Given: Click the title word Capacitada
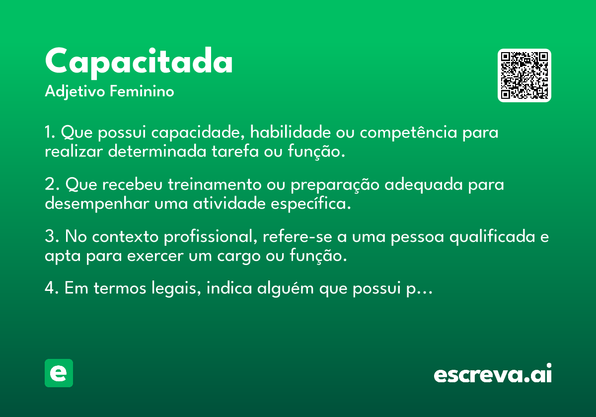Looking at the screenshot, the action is [x=139, y=63].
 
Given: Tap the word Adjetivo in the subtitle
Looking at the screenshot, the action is [x=75, y=92].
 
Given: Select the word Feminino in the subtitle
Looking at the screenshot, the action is [x=142, y=91].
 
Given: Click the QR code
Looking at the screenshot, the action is [x=524, y=75].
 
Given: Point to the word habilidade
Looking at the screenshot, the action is [x=290, y=132].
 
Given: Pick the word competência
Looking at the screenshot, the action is [x=408, y=132].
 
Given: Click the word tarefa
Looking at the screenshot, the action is [x=235, y=151].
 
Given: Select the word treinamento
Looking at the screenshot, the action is [x=215, y=184].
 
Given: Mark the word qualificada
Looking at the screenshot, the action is [x=492, y=237].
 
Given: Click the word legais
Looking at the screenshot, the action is [x=174, y=288].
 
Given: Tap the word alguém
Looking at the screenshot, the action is [x=285, y=288].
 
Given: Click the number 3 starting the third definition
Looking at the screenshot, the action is [x=50, y=236].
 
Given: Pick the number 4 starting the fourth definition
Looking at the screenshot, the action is [x=50, y=287].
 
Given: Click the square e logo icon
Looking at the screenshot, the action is [x=59, y=373].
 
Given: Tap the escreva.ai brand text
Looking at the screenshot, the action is [x=493, y=373].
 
